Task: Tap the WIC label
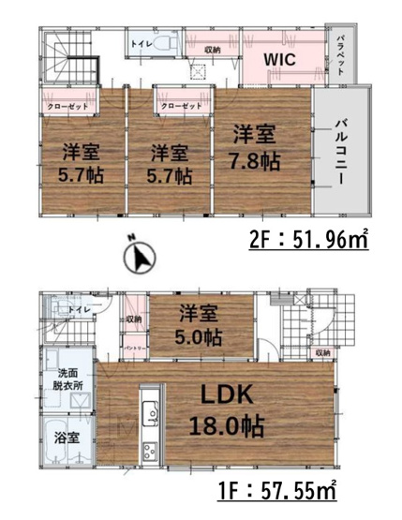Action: pyautogui.click(x=279, y=58)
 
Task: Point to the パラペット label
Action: pyautogui.click(x=342, y=54)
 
